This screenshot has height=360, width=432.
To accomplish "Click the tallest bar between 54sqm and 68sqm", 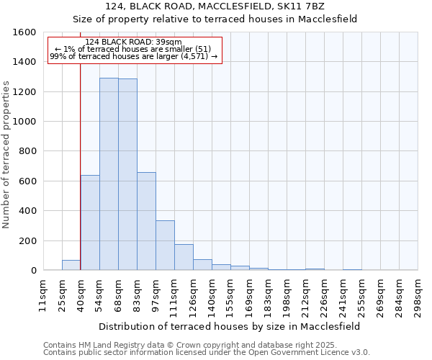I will coord(109,174).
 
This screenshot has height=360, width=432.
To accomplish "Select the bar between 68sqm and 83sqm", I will coord(127,175).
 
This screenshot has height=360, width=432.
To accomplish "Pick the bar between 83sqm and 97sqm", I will coord(146,221).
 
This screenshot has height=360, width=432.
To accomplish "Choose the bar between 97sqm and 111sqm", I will coord(165,246).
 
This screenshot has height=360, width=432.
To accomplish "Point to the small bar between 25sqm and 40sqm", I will coord(71,265).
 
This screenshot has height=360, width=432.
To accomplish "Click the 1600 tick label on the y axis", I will coord(24,32).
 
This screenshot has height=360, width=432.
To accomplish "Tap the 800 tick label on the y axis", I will coord(27,151).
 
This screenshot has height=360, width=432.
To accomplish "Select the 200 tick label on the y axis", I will coord(27,240).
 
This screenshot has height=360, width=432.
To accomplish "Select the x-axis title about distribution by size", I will coord(230,326).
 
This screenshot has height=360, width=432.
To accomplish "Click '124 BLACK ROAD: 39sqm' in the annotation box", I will coord(133,42).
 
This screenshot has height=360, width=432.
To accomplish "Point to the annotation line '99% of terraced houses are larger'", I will coord(133,56).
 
